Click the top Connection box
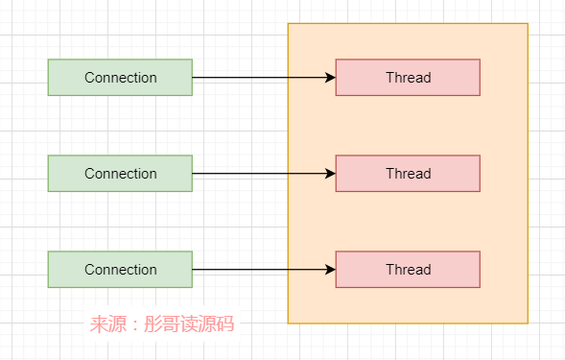click(120, 78)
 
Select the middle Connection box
click(120, 174)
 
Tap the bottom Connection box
click(120, 270)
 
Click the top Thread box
click(408, 78)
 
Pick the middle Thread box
click(408, 174)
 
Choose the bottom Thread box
click(408, 270)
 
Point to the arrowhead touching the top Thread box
click(330, 78)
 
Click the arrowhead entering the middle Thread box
click(330, 174)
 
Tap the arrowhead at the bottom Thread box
click(330, 270)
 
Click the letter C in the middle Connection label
click(89, 174)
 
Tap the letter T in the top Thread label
click(389, 78)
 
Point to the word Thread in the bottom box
click(409, 270)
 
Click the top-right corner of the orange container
click(528, 24)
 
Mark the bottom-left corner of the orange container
click(289, 323)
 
